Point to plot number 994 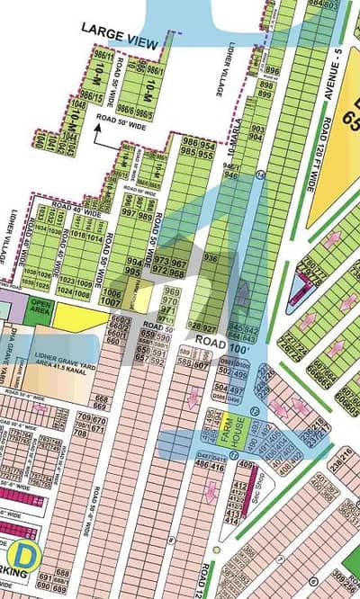click(x=131, y=259)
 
